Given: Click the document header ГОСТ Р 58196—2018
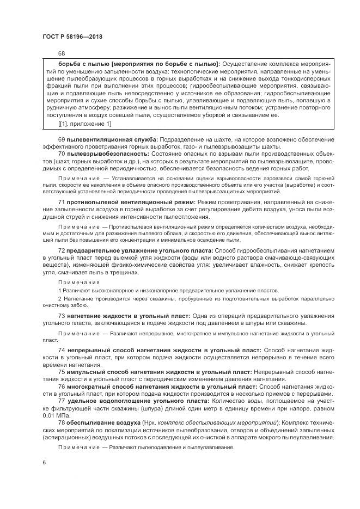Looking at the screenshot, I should (72, 36).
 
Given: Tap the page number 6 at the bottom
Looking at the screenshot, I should (43, 462).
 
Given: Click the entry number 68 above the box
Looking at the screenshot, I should (61, 53).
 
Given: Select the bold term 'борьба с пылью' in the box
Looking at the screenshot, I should (81, 64).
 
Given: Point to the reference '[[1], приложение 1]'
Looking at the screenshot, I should (84, 124).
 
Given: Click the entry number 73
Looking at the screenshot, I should (62, 316).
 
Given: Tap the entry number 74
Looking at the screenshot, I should (62, 349).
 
